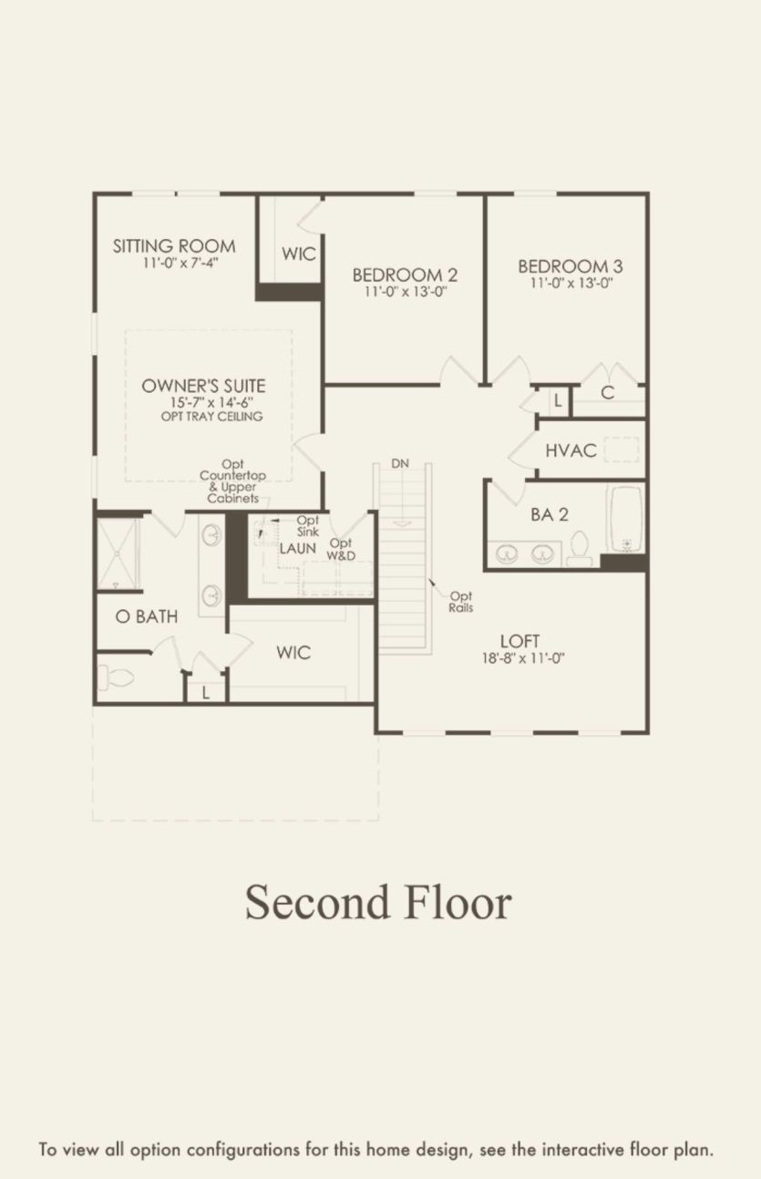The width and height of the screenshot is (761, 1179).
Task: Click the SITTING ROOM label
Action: point(174,245)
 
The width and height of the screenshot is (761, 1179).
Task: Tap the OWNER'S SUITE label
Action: point(203,386)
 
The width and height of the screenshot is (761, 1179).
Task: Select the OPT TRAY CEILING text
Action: point(207,417)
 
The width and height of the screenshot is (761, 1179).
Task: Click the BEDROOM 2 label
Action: point(405,274)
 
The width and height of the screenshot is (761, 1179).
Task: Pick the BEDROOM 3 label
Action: point(571,266)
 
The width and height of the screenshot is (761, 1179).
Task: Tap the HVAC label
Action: point(571,450)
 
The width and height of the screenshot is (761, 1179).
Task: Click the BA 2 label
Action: point(550,514)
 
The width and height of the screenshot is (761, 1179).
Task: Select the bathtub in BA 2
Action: point(625,520)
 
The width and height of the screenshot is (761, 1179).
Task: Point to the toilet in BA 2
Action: point(579,548)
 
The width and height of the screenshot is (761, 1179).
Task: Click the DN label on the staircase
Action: point(400,463)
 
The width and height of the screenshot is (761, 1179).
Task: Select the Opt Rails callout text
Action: point(460,602)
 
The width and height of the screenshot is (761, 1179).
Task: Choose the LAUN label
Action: point(297,548)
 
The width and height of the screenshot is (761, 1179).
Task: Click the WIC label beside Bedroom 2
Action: point(298,253)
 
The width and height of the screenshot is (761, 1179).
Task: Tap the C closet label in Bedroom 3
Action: point(608,393)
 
